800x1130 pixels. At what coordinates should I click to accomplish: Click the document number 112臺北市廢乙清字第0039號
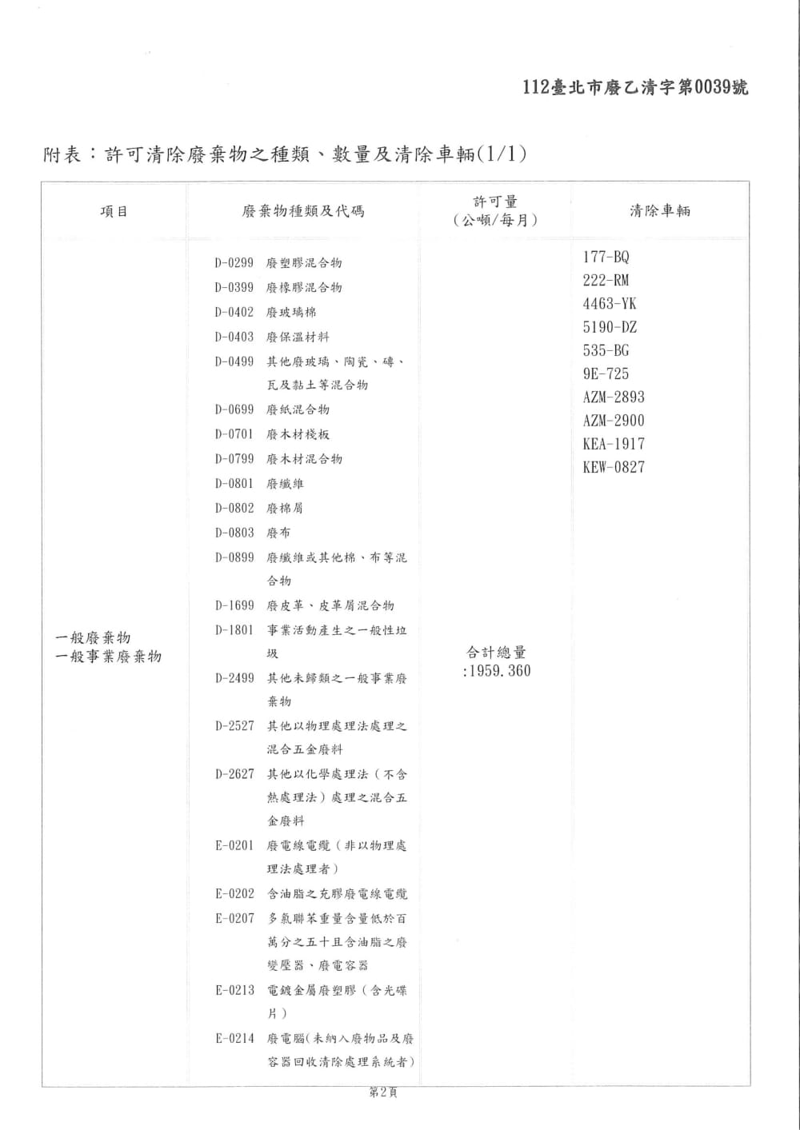pyautogui.click(x=635, y=88)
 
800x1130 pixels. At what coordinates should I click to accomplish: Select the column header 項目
pyautogui.click(x=114, y=212)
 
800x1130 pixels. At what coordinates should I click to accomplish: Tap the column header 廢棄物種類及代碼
pyautogui.click(x=303, y=212)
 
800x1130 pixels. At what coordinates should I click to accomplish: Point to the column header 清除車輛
pyautogui.click(x=660, y=211)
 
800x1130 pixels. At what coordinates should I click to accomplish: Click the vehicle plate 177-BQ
pyautogui.click(x=606, y=258)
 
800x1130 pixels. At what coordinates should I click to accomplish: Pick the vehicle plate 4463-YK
pyautogui.click(x=610, y=304)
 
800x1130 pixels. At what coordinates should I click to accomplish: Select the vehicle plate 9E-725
pyautogui.click(x=606, y=374)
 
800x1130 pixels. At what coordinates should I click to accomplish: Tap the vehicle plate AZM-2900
pyautogui.click(x=614, y=421)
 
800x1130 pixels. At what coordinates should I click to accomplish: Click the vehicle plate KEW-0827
pyautogui.click(x=614, y=468)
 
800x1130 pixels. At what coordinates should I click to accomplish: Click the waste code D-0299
pyautogui.click(x=234, y=263)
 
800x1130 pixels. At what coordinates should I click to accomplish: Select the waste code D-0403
pyautogui.click(x=234, y=337)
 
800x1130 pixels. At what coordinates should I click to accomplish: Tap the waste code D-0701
pyautogui.click(x=234, y=435)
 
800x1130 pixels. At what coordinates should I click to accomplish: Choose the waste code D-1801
pyautogui.click(x=234, y=630)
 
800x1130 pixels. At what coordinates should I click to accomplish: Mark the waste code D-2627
pyautogui.click(x=234, y=774)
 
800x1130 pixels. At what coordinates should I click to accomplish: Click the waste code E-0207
pyautogui.click(x=234, y=919)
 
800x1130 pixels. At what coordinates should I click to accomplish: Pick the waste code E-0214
pyautogui.click(x=234, y=1039)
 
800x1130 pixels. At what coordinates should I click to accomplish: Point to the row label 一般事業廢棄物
pyautogui.click(x=108, y=657)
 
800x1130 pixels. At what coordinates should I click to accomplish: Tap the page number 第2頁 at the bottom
pyautogui.click(x=382, y=1092)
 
